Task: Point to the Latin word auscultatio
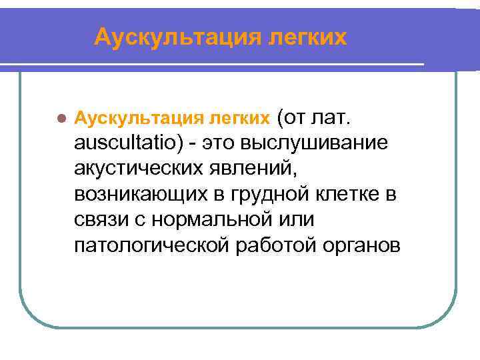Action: (126, 144)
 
